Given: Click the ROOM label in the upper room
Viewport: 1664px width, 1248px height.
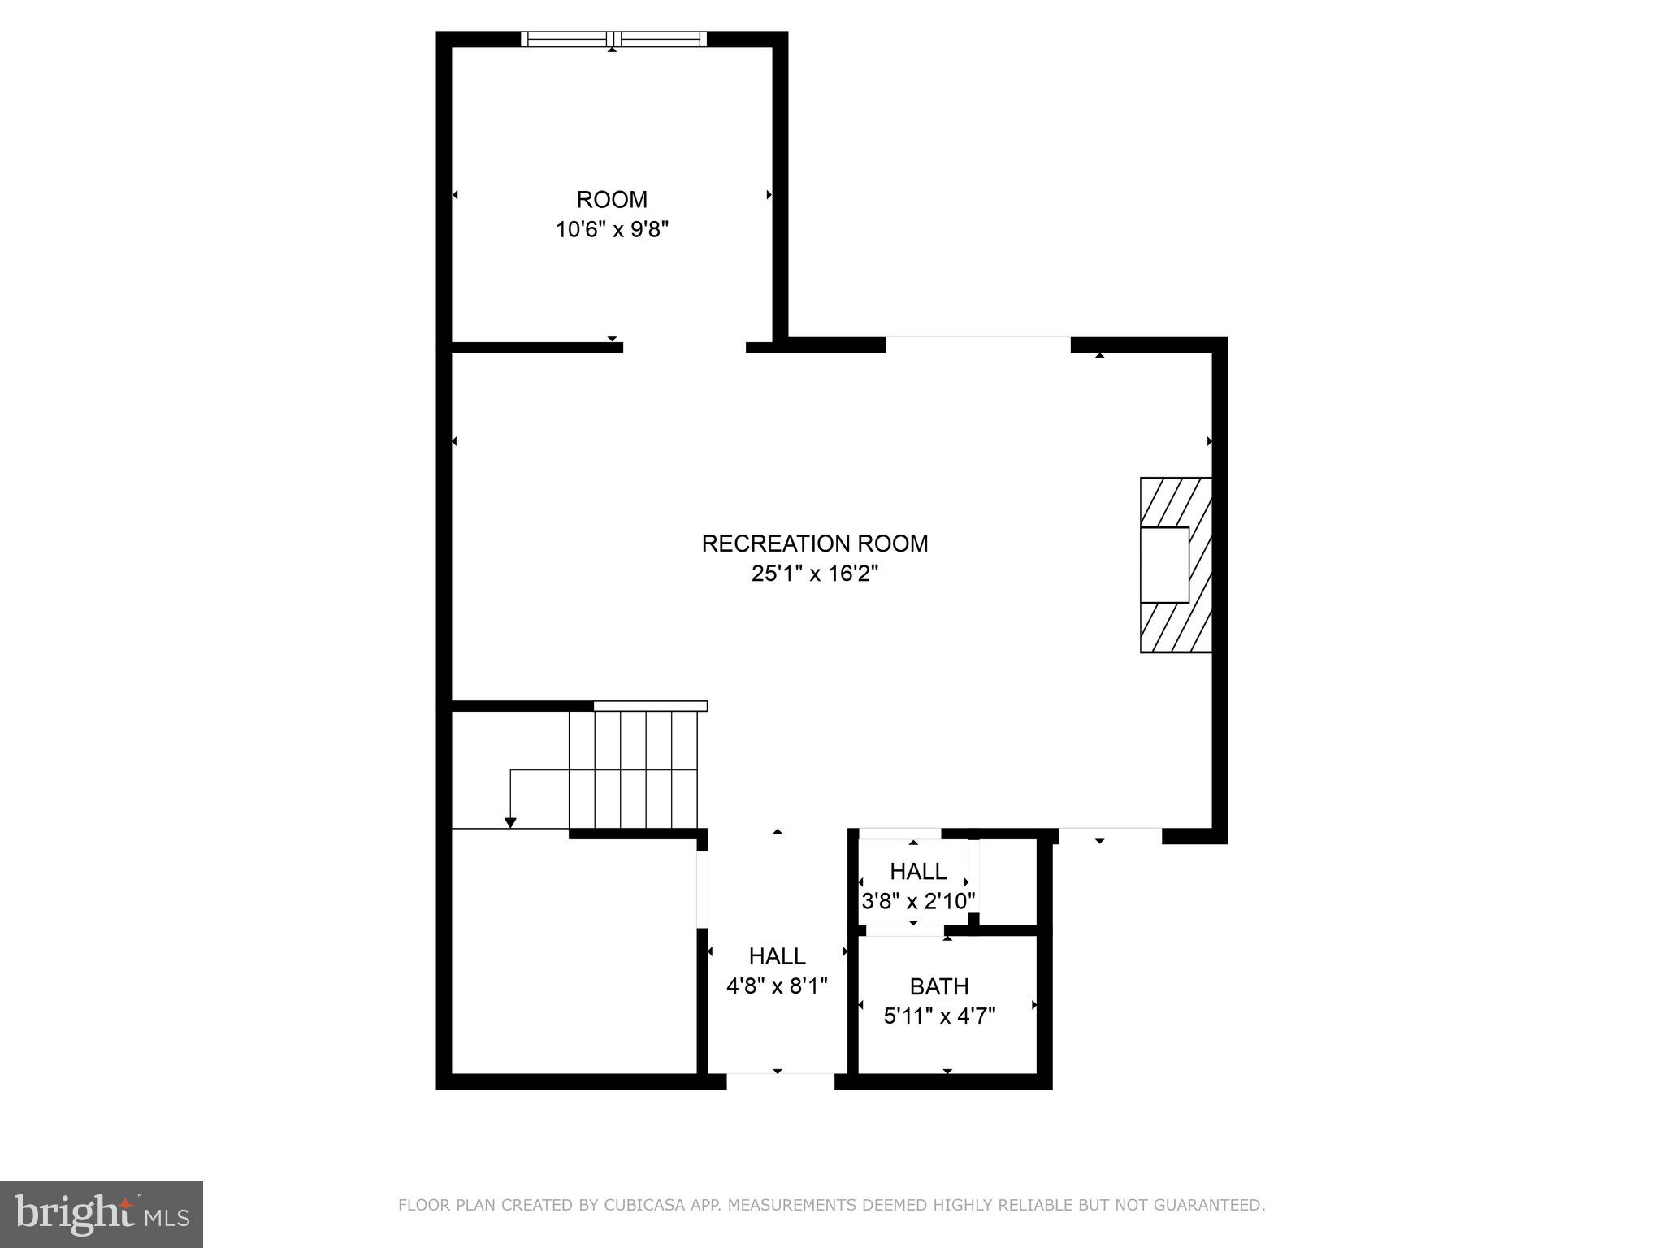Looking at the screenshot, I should click(x=612, y=199).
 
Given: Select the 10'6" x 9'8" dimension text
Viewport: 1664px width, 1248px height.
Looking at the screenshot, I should click(x=612, y=230).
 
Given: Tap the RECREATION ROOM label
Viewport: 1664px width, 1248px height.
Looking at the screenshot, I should click(x=814, y=544).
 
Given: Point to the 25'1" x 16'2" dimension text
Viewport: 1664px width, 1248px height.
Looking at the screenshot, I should click(x=814, y=574).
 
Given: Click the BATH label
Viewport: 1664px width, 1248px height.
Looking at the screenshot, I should click(x=938, y=986).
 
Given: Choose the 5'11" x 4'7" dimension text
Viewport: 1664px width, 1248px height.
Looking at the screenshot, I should click(x=938, y=1016).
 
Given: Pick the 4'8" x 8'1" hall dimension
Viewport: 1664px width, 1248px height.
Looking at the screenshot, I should click(x=777, y=986).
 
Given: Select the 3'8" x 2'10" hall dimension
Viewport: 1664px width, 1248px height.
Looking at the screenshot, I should click(x=917, y=901).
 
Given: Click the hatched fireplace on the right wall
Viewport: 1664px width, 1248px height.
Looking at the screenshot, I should click(x=1176, y=565).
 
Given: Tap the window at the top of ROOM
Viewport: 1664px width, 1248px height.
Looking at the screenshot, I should click(x=613, y=39).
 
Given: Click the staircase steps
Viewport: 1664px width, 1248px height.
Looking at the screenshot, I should click(x=633, y=769).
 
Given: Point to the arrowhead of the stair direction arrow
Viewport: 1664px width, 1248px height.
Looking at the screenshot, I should click(x=510, y=823).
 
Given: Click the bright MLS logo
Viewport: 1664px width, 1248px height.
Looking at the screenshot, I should click(x=102, y=1214).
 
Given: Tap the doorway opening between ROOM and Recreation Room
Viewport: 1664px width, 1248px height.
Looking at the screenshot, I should click(x=684, y=347).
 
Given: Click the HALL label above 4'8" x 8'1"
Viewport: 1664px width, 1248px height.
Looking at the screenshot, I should click(x=777, y=956).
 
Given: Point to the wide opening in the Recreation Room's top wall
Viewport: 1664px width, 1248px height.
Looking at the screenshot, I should click(x=977, y=344).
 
